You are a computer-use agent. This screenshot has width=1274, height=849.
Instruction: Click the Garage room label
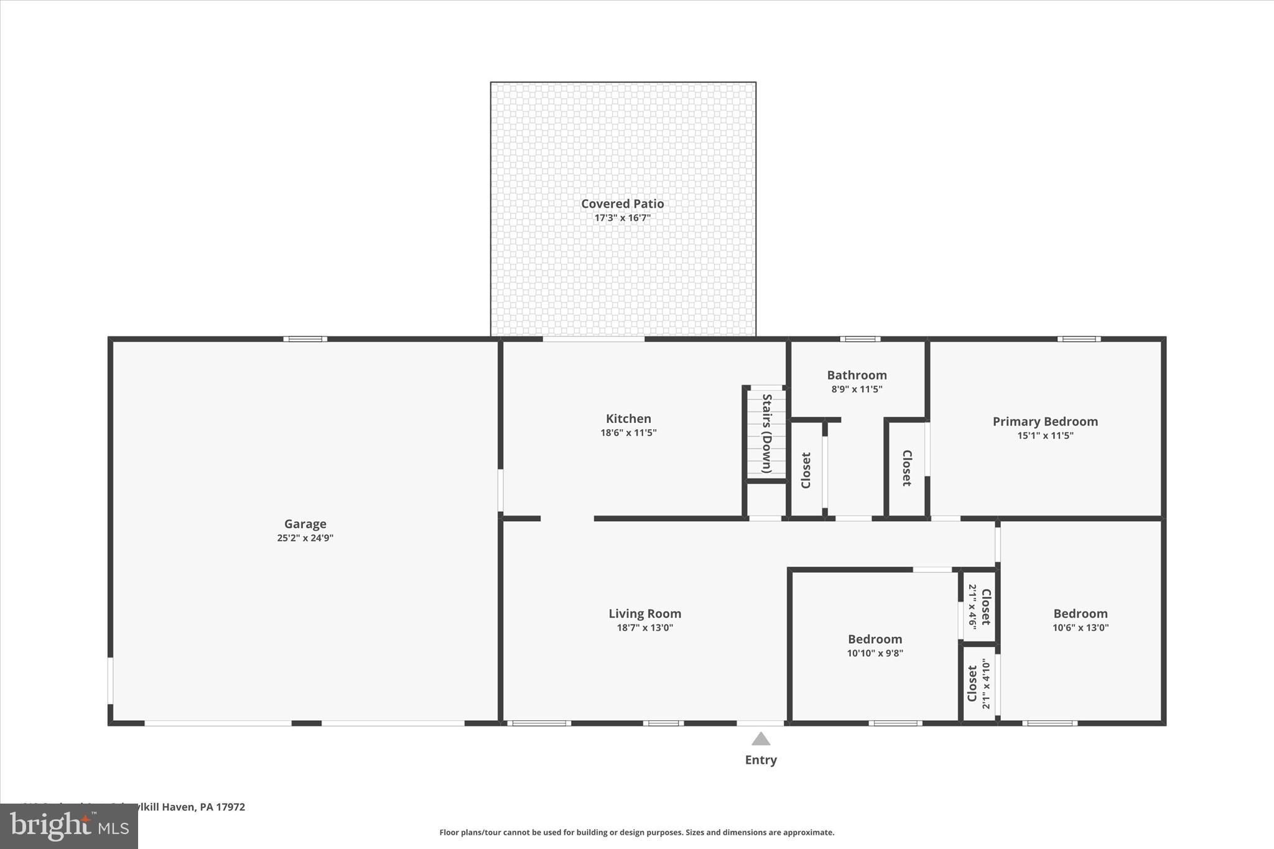click(305, 524)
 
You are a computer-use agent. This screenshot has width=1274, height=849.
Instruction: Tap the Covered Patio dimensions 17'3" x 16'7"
click(622, 218)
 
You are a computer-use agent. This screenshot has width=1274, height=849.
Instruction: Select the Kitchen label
click(628, 419)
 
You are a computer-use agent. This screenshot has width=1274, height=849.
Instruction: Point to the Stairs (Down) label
click(767, 434)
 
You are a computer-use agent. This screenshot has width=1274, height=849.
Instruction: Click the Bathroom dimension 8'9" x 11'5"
click(857, 389)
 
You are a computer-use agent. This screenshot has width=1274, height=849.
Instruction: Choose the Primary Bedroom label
click(1044, 421)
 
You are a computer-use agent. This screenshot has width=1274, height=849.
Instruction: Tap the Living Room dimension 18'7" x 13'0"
click(644, 628)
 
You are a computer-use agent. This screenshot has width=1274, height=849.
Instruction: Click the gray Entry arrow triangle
click(761, 739)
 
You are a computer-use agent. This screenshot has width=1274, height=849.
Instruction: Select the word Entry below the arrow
click(761, 759)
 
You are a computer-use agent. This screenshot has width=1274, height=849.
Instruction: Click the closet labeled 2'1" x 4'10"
click(979, 684)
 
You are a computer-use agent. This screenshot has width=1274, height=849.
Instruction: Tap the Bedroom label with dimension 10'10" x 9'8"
click(875, 639)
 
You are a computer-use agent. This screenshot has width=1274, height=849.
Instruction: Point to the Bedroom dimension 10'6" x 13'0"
click(1080, 628)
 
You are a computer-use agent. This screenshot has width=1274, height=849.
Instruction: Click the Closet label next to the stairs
click(806, 470)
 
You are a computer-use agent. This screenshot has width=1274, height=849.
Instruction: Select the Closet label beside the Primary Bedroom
click(906, 468)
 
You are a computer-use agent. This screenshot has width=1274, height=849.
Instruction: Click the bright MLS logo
click(69, 826)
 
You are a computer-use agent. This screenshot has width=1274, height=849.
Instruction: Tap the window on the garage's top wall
click(305, 339)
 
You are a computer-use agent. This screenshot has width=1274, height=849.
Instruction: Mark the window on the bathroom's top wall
click(860, 339)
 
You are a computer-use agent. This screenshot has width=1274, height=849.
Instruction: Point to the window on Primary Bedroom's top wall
click(1079, 339)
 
